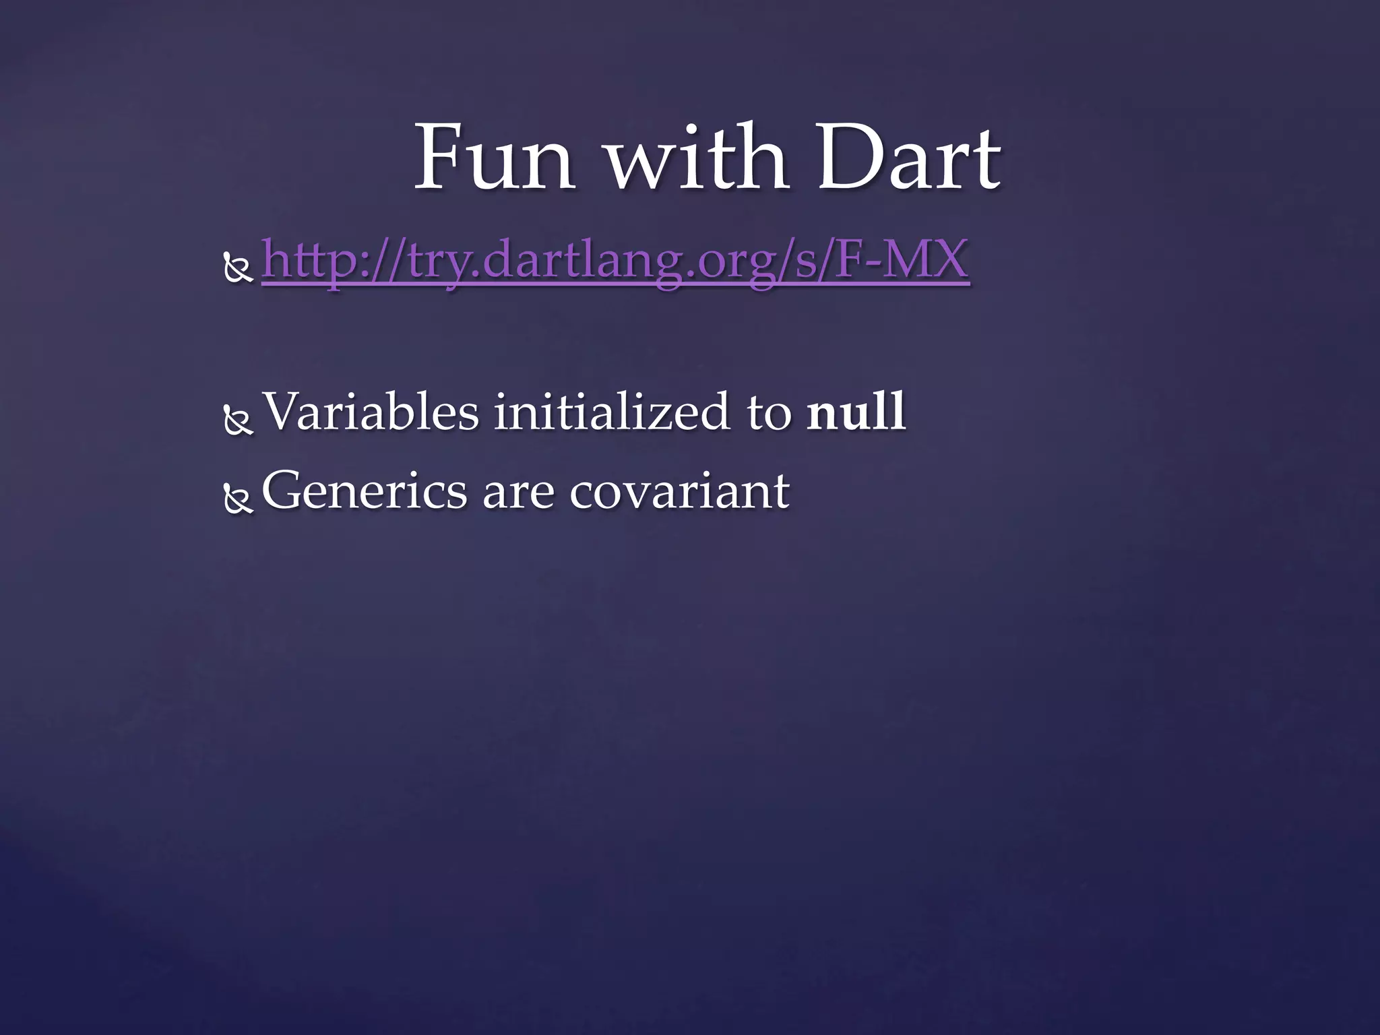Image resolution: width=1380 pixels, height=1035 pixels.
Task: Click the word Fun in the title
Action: [x=494, y=159]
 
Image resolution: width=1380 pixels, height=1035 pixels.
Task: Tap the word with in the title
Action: [x=697, y=159]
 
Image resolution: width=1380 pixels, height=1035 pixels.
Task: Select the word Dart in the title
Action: [x=908, y=159]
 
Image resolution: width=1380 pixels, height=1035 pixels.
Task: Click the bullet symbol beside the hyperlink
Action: [x=238, y=269]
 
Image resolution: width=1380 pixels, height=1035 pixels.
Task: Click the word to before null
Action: [x=768, y=413]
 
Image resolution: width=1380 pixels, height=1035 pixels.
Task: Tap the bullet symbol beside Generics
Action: [x=238, y=501]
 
